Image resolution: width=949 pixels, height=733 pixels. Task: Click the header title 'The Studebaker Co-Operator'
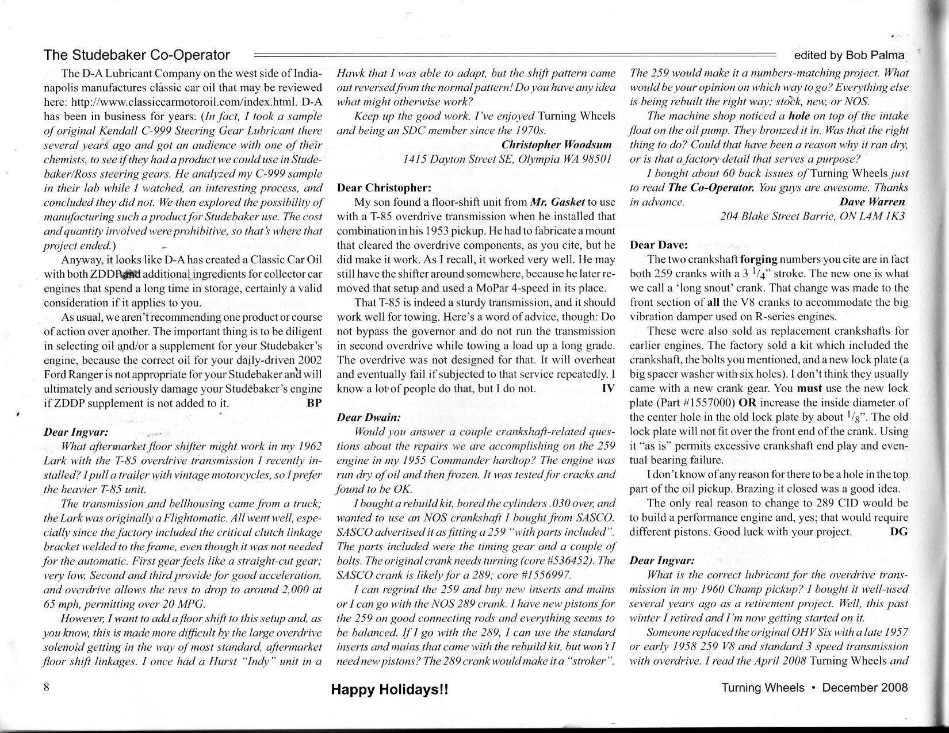tap(137, 55)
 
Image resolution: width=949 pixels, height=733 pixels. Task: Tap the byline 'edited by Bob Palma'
tap(849, 55)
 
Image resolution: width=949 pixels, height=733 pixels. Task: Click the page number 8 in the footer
tap(48, 687)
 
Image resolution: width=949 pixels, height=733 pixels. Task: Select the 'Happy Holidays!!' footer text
tap(389, 689)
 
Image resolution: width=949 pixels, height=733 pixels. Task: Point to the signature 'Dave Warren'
tap(872, 202)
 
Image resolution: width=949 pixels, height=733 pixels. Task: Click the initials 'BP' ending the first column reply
tap(315, 403)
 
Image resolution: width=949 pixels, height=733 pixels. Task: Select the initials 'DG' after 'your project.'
tap(898, 532)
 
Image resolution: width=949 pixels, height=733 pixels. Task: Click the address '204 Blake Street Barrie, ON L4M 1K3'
tap(813, 216)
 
